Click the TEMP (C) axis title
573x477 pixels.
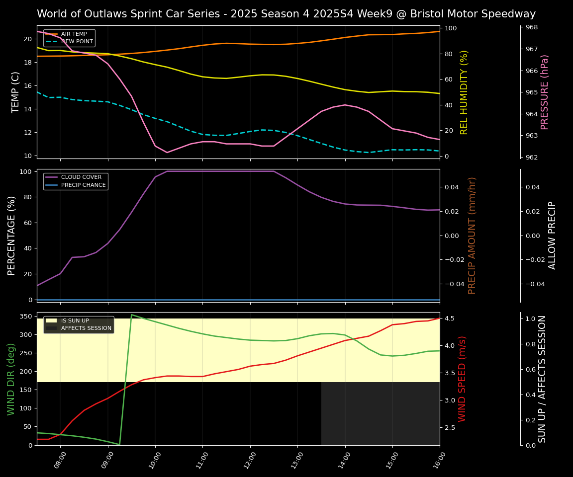[x=16, y=92]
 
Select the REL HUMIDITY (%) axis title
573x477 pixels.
[x=465, y=92]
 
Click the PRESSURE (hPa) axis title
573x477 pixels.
[x=545, y=92]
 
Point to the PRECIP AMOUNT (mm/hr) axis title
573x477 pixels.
[x=473, y=235]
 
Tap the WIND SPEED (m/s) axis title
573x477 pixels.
[x=463, y=379]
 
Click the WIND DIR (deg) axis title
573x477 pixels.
[x=11, y=379]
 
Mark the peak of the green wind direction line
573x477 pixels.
[x=131, y=315]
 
